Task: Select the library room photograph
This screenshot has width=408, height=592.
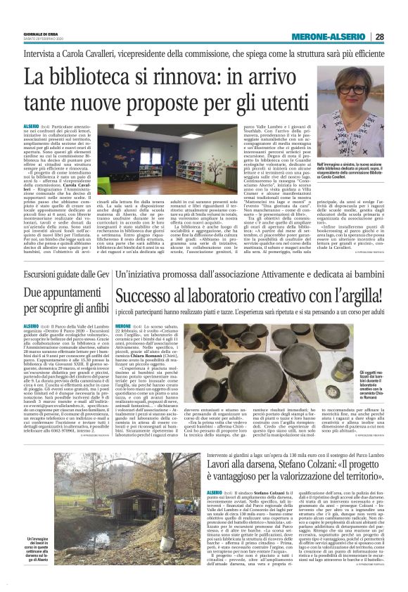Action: (179, 150)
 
